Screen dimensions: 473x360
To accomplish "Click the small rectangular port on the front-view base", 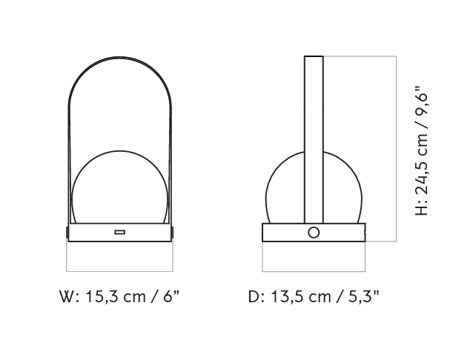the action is (x=120, y=232).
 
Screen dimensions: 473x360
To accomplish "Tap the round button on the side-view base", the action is (x=314, y=233).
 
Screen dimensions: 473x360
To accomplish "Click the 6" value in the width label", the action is (x=171, y=296).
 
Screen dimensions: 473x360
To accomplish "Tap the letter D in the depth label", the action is (x=254, y=297).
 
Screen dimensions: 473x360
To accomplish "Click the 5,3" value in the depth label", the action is (x=363, y=297).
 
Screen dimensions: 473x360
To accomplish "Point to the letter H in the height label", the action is (x=421, y=210).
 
